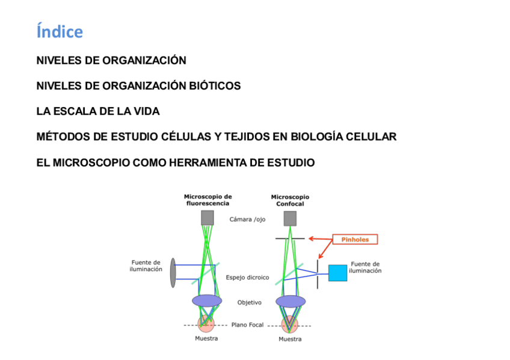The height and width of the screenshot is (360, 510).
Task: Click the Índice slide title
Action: click(x=60, y=31)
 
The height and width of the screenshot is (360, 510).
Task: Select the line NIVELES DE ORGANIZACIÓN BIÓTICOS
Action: click(x=138, y=86)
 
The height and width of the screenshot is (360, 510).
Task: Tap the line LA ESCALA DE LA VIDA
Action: click(x=98, y=112)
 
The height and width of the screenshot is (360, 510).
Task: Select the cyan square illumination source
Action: click(x=337, y=273)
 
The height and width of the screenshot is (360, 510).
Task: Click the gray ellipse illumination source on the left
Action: click(x=173, y=272)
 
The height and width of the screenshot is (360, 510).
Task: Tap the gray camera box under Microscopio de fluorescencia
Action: click(x=207, y=218)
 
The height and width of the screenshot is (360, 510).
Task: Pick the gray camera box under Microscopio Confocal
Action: click(x=290, y=218)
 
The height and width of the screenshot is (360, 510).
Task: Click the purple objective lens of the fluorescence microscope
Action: click(x=207, y=300)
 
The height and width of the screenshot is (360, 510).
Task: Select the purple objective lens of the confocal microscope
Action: click(x=290, y=301)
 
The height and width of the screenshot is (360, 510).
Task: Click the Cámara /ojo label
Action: click(x=247, y=219)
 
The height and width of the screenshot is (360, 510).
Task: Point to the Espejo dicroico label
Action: click(x=247, y=278)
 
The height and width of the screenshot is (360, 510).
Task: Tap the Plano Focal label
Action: click(x=247, y=325)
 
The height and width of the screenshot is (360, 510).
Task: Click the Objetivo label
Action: click(x=249, y=302)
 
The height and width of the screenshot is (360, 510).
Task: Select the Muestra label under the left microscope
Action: click(x=206, y=338)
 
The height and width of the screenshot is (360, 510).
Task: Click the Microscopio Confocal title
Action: click(x=290, y=200)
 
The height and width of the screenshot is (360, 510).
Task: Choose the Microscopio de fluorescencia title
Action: click(x=207, y=200)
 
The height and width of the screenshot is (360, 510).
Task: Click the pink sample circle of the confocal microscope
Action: click(x=290, y=324)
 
